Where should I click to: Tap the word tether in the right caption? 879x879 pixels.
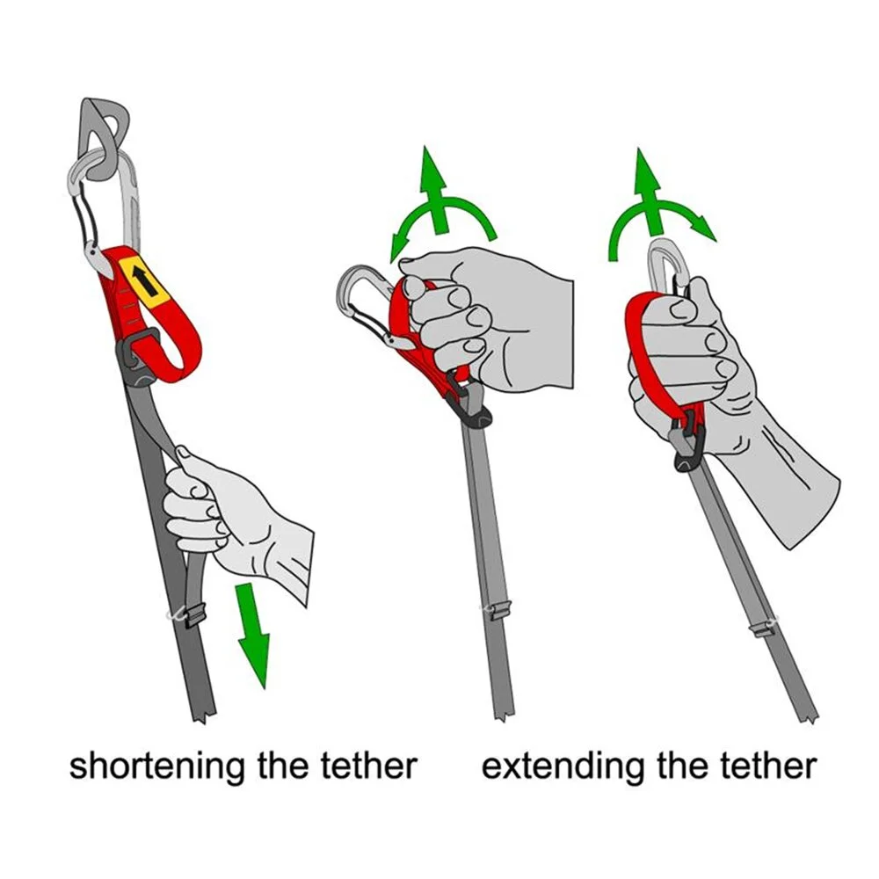768,766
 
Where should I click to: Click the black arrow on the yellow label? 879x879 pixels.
145,281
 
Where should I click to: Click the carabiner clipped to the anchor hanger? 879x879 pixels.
102,207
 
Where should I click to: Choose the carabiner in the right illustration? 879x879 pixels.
671,273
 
